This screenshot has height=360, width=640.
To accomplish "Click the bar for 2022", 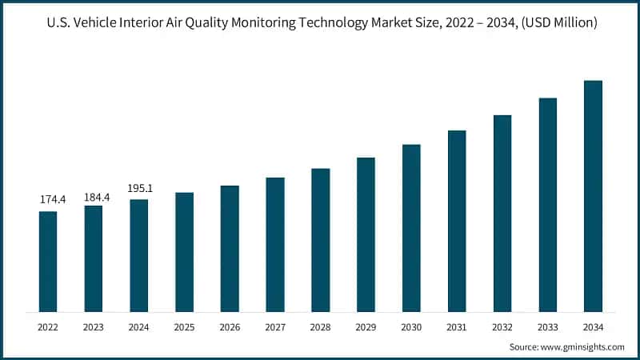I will [48, 261].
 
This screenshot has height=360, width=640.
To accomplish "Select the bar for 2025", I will [184, 252].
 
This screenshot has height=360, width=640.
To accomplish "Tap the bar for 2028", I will [320, 240].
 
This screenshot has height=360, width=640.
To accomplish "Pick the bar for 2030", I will [411, 228].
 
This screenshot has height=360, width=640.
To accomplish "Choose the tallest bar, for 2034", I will [593, 196].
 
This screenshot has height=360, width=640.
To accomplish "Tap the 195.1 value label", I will [139, 188].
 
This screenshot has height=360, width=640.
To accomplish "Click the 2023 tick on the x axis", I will [94, 327].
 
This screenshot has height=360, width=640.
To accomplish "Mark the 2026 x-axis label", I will [230, 327].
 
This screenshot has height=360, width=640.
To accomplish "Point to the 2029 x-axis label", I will [366, 327].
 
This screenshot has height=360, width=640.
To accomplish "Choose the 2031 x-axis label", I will [457, 327].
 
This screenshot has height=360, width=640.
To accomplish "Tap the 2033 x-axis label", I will [547, 327].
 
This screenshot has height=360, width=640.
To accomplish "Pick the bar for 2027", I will [275, 245].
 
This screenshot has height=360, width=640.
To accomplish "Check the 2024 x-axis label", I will [139, 327].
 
